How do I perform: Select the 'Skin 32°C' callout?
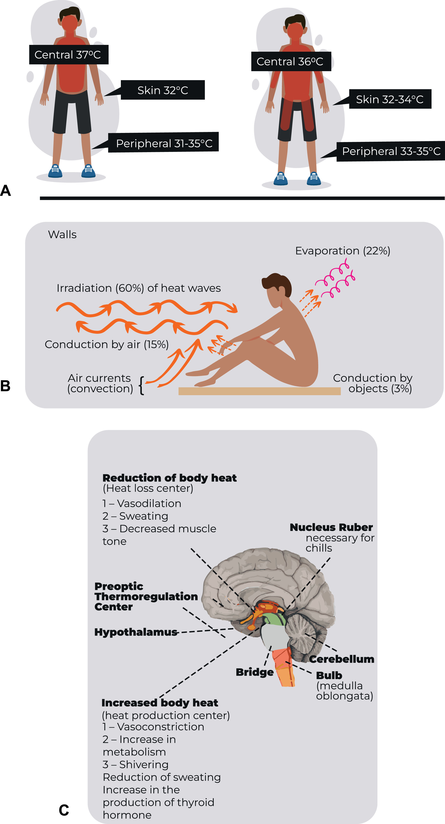(163, 90)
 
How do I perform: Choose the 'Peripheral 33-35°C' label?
(391, 151)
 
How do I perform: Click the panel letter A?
(6, 191)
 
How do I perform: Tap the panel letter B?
(6, 386)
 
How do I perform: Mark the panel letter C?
(64, 810)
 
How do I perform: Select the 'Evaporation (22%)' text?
(343, 251)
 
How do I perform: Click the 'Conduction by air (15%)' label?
(107, 344)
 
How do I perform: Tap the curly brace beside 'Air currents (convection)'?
(141, 385)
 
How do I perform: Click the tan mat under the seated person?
(259, 391)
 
